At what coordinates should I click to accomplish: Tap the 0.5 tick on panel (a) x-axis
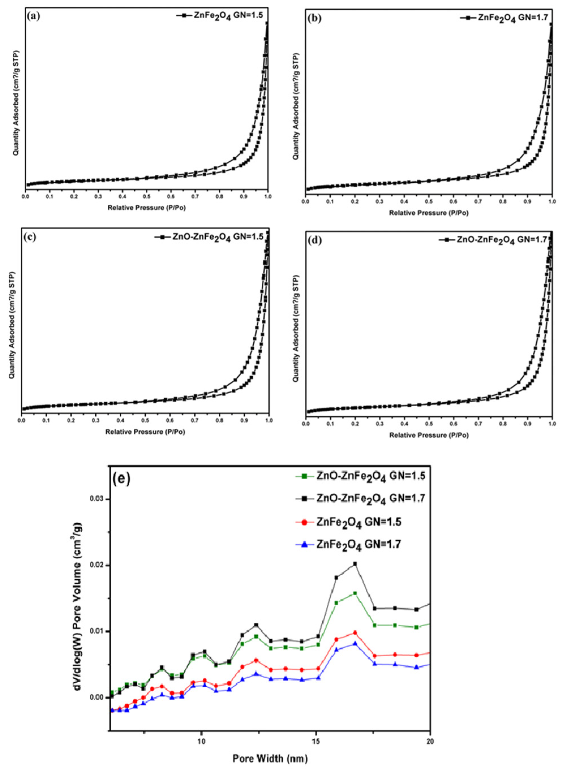coord(147,196)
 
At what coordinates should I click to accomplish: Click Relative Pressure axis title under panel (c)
coord(145,432)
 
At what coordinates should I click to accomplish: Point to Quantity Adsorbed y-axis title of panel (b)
coord(296,107)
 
